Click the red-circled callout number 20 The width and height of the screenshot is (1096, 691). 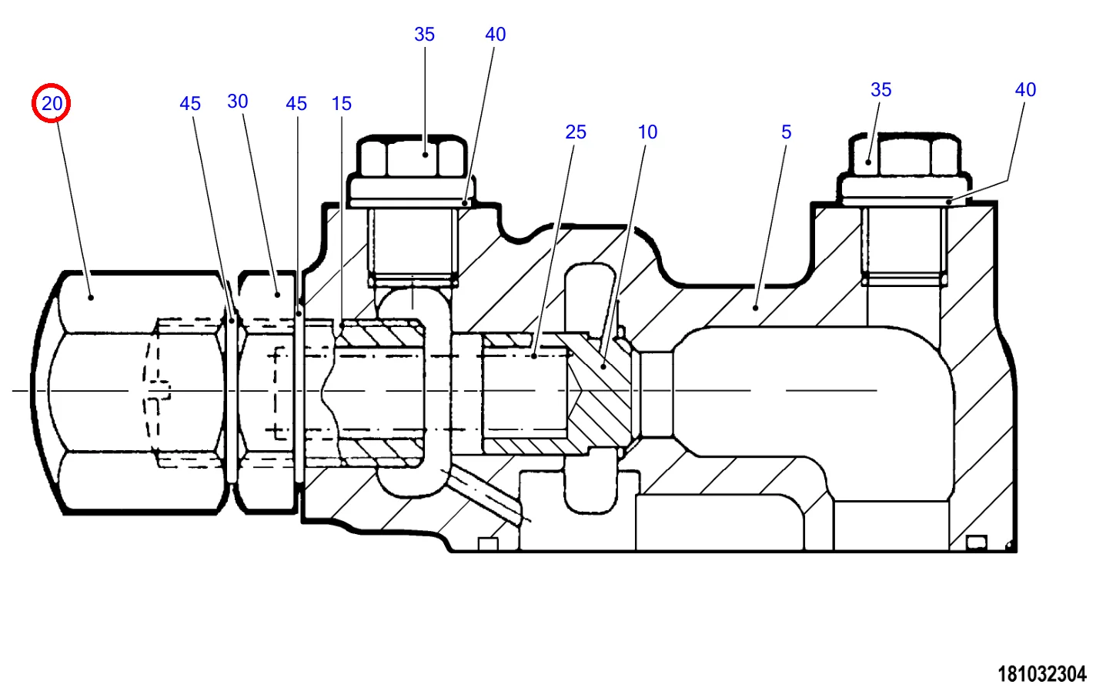tap(52, 104)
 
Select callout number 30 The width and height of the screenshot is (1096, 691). tap(238, 102)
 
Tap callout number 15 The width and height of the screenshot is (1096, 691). tap(342, 104)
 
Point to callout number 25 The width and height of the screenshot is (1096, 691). tap(576, 132)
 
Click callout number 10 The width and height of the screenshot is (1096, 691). tap(648, 132)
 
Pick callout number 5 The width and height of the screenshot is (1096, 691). tap(787, 132)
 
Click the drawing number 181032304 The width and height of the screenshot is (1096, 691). tap(1041, 674)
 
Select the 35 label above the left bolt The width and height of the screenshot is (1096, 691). tap(424, 34)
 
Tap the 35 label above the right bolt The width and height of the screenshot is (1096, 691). tap(880, 90)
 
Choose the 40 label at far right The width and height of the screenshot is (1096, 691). tap(1025, 90)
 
